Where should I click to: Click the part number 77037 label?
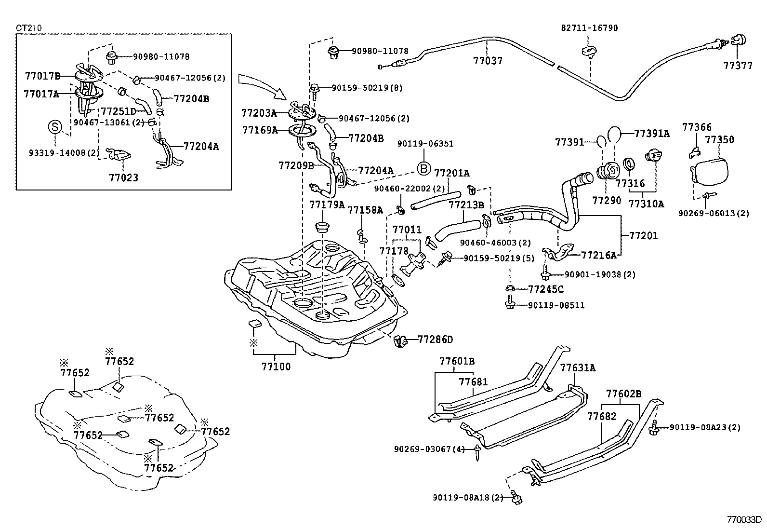(x=488, y=61)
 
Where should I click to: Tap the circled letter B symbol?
(x=423, y=168)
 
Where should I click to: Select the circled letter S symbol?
(x=55, y=127)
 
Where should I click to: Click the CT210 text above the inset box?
(x=28, y=27)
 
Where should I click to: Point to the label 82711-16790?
(x=589, y=28)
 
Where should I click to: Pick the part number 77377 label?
(x=738, y=66)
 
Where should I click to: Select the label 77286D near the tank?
(x=435, y=340)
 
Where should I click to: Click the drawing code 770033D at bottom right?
(x=744, y=520)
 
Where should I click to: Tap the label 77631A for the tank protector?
(x=578, y=368)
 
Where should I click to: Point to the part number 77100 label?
(x=276, y=367)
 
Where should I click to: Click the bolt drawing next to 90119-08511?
(x=510, y=304)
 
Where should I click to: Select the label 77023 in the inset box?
(x=123, y=177)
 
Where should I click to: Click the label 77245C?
(x=545, y=289)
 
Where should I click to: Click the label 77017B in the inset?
(x=42, y=75)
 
